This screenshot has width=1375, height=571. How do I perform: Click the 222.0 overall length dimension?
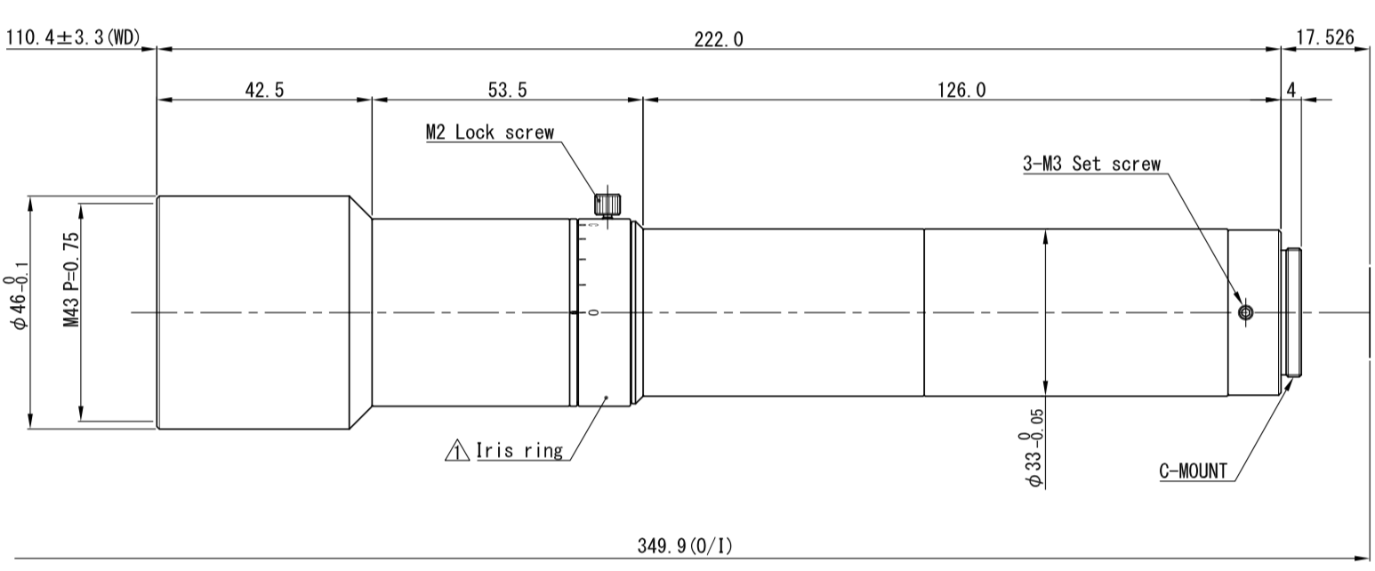pos(719,39)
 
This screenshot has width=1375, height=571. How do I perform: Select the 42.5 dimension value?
pos(264,90)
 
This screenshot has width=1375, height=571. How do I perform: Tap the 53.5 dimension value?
pos(507,90)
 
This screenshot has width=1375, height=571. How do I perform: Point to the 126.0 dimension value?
pos(961,90)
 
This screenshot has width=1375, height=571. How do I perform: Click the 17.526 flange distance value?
pos(1324,38)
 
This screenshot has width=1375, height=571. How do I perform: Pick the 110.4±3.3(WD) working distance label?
pos(73,38)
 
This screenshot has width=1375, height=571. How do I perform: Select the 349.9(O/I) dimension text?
pos(685,545)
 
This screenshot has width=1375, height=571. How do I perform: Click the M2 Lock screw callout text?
pos(490,132)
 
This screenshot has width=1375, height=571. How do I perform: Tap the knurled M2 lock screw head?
pos(607,203)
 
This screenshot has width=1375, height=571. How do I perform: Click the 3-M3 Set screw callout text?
pos(1091,164)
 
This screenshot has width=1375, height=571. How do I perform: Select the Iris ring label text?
pos(519,451)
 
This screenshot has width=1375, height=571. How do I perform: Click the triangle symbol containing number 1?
pos(456,451)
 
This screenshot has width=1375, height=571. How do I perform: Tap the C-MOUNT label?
pos(1193,470)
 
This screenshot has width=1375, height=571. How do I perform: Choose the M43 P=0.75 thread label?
pos(72,279)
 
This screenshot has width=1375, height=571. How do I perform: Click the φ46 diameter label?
pos(17,302)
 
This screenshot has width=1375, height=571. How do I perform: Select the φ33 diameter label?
pos(1031,448)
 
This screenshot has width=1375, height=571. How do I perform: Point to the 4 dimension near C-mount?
pos(1291,90)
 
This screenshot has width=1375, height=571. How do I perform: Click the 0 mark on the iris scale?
pos(593,312)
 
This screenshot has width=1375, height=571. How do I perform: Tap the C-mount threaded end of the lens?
pos(1292,312)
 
